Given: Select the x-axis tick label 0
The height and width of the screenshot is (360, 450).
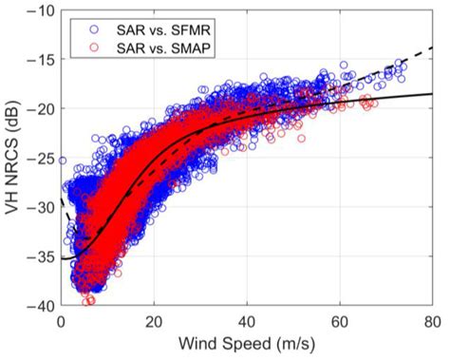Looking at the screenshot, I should click(x=61, y=320).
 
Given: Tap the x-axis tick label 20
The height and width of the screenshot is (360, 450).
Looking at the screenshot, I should click(x=154, y=320).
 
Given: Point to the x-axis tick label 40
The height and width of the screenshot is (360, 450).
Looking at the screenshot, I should click(x=247, y=320).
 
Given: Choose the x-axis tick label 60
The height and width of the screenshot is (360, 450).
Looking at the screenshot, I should click(x=340, y=320).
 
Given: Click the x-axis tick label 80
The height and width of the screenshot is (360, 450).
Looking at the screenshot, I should click(x=432, y=320).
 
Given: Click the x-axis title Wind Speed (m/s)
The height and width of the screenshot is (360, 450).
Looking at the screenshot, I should click(x=246, y=343).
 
